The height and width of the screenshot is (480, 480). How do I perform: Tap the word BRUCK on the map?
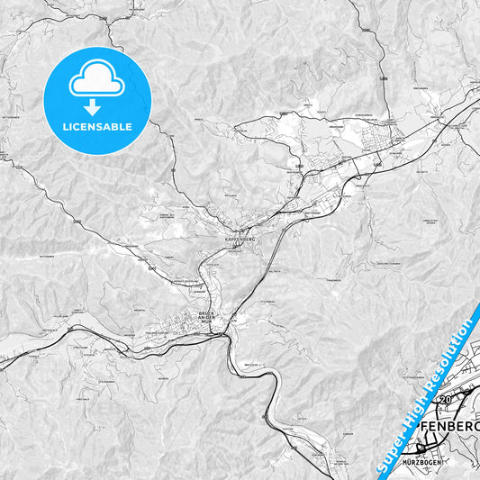coord(206,313)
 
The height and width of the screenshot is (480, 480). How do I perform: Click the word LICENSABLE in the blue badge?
coord(96,127)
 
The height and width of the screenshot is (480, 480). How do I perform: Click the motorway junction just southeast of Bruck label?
coord(221,332)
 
